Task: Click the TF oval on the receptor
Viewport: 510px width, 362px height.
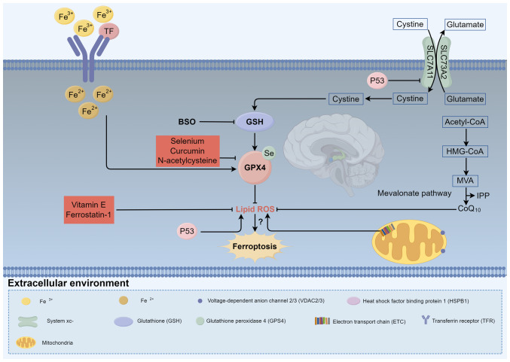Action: tap(108, 31)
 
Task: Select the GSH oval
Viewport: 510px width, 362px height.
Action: tap(255, 122)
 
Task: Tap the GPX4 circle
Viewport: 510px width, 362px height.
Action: tap(255, 167)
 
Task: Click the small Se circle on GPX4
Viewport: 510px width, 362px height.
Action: tap(269, 153)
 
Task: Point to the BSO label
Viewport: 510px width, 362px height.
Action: tap(187, 122)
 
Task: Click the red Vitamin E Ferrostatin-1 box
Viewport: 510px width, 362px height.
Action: tap(89, 209)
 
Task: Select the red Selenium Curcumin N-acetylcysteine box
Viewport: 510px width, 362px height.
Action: tap(188, 151)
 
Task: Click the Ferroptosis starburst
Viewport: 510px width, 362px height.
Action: tap(255, 246)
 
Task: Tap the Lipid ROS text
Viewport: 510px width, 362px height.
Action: tap(255, 209)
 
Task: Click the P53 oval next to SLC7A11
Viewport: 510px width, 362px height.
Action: tap(377, 81)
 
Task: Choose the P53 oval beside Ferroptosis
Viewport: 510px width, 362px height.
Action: tap(187, 231)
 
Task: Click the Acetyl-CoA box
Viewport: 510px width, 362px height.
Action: tap(465, 122)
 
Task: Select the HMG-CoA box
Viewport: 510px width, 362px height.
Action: tap(465, 151)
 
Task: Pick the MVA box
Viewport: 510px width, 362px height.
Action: tap(465, 181)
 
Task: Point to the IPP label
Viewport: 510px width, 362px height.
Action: tap(483, 196)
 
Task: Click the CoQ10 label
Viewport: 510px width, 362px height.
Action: tap(469, 208)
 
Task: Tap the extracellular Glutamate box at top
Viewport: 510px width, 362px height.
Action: tap(465, 24)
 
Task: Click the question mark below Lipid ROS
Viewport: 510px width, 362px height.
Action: tap(261, 222)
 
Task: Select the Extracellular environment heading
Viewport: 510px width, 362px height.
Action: tap(69, 283)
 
